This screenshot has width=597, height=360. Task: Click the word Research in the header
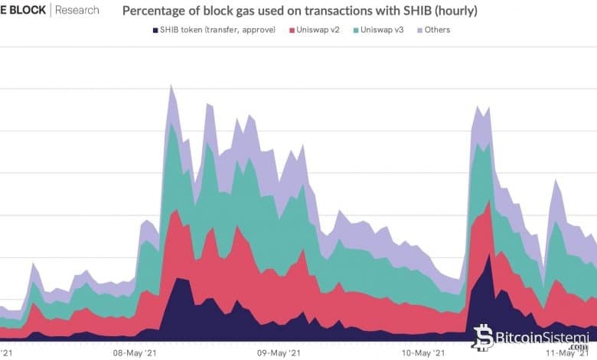point(77,11)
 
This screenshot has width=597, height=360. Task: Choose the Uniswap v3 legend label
point(387,30)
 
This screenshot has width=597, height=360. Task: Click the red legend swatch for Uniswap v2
point(292,30)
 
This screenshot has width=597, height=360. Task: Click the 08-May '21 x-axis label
point(135,353)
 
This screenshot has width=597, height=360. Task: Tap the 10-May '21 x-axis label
point(422,353)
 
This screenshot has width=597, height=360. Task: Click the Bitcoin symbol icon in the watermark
point(483,337)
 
